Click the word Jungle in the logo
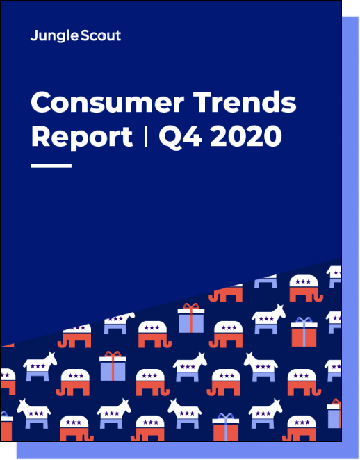click(55, 36)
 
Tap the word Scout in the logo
click(101, 35)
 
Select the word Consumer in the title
click(108, 102)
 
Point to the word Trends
click(245, 102)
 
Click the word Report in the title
click(82, 138)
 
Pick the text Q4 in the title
click(180, 136)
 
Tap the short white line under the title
click(51, 166)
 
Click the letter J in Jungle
click(34, 35)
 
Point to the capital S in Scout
click(85, 35)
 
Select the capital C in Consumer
click(41, 102)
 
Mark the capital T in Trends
click(204, 102)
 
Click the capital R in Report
click(40, 136)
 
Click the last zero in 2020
click(272, 136)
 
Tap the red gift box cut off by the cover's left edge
click(6, 426)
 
